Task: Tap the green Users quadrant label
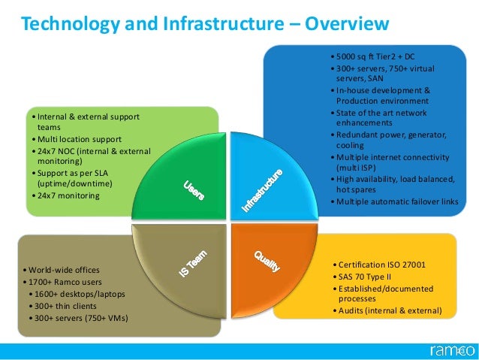pos(194,189)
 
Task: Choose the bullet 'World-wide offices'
pos(63,269)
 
